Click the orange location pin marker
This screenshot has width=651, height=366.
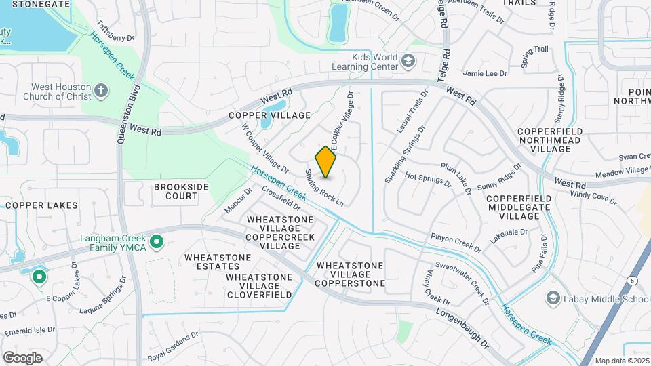326,162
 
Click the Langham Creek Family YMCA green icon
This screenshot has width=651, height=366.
157,241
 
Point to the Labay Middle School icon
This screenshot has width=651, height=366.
553,299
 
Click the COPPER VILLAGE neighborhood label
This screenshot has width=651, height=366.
269,116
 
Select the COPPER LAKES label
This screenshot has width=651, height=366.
42,205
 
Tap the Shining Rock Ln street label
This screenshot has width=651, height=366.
324,188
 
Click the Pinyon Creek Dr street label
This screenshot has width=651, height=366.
456,244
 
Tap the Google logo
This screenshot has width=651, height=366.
22,358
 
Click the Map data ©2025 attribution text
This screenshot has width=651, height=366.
622,361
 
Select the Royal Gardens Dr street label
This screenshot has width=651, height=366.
172,346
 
